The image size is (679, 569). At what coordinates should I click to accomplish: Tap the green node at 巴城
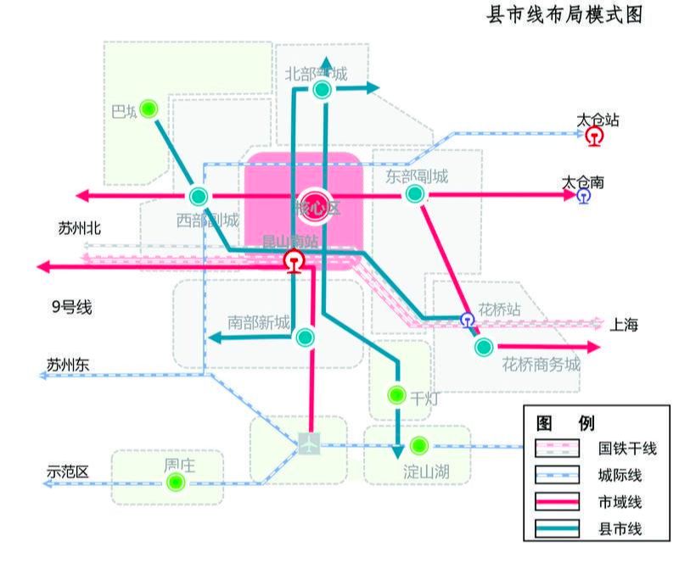150,109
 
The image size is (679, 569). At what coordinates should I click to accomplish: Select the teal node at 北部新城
322,89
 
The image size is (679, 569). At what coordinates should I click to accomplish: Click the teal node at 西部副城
199,196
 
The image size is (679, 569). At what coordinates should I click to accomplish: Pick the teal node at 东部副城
414,194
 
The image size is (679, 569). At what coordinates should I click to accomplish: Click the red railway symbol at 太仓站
595,136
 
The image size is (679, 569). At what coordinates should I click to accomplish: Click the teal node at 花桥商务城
484,346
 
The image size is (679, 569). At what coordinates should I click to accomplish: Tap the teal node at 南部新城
306,337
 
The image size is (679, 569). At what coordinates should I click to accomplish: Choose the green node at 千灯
396,394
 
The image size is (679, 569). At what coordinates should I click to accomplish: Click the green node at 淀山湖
418,445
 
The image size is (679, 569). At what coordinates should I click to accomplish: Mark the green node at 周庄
176,482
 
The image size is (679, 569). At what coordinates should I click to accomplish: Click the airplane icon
310,443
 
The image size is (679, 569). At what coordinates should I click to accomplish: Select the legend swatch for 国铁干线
557,448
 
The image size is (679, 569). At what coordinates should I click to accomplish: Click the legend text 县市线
620,529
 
